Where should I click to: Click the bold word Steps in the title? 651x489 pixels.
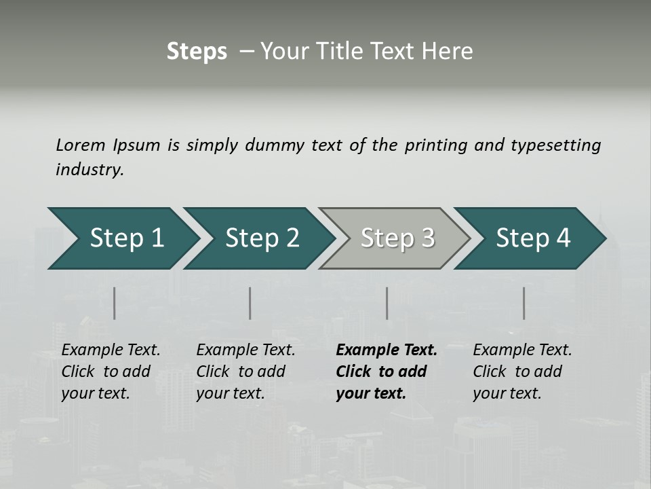(197, 52)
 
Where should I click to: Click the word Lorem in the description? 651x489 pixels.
(81, 145)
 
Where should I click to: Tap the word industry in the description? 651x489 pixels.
(90, 170)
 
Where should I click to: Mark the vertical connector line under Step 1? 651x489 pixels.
(115, 303)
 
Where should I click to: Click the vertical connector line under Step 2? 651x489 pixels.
(250, 303)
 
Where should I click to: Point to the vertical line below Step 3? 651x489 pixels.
(387, 303)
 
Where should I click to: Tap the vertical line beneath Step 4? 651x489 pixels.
(524, 303)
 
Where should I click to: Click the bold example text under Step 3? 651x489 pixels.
(386, 372)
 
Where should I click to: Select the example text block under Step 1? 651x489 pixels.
(110, 372)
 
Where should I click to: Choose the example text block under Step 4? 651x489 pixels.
(521, 372)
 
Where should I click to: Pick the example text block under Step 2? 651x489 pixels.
(245, 372)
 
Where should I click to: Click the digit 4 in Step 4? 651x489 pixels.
(563, 238)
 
